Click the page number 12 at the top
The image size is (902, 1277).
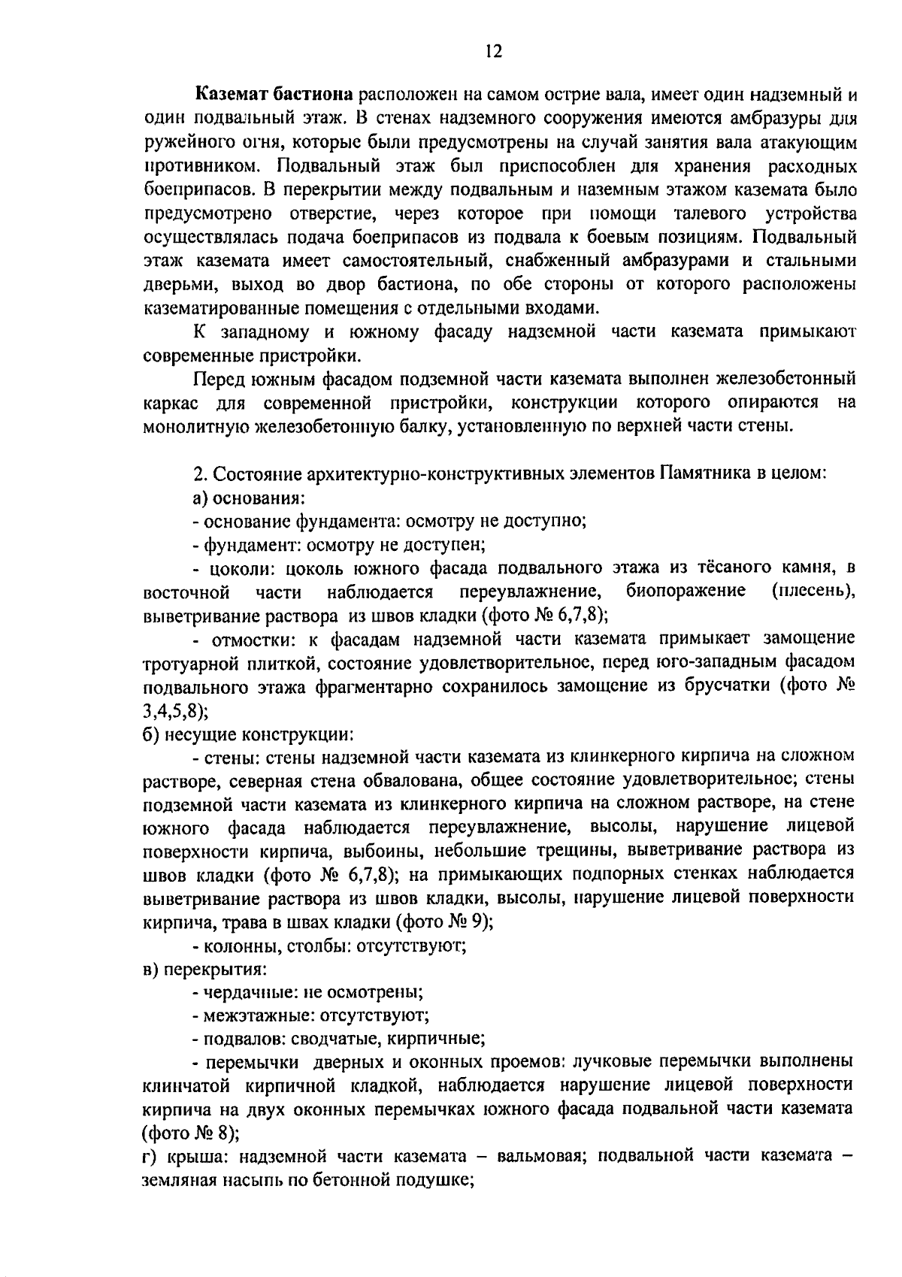[x=494, y=51]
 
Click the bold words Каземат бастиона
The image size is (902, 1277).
[x=274, y=95]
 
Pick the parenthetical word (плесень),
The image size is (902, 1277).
[x=813, y=591]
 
